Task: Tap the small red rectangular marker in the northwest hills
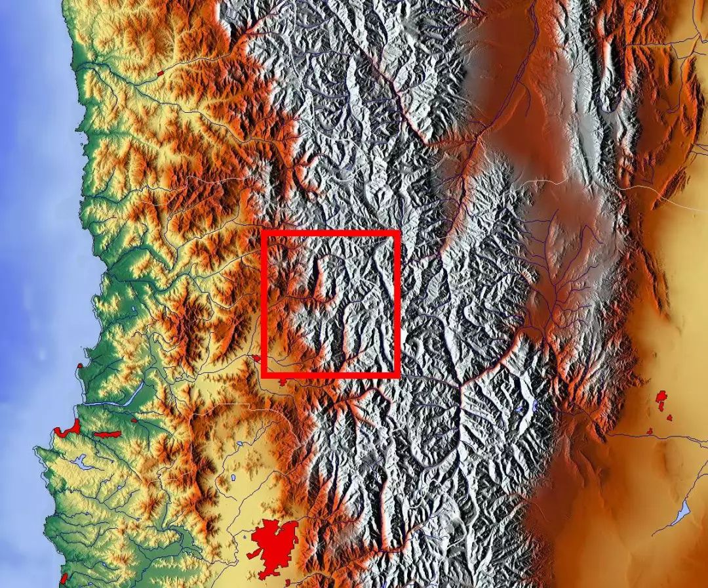tap(161, 72)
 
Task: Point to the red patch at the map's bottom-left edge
tap(64, 579)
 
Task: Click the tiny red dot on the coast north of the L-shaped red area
tap(80, 366)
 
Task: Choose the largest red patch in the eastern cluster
tap(661, 398)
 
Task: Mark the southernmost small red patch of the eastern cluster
tap(650, 431)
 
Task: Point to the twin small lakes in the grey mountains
tap(528, 408)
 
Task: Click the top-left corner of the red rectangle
tap(264, 233)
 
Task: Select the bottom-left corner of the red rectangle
tap(264, 375)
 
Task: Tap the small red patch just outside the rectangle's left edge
tap(256, 358)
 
